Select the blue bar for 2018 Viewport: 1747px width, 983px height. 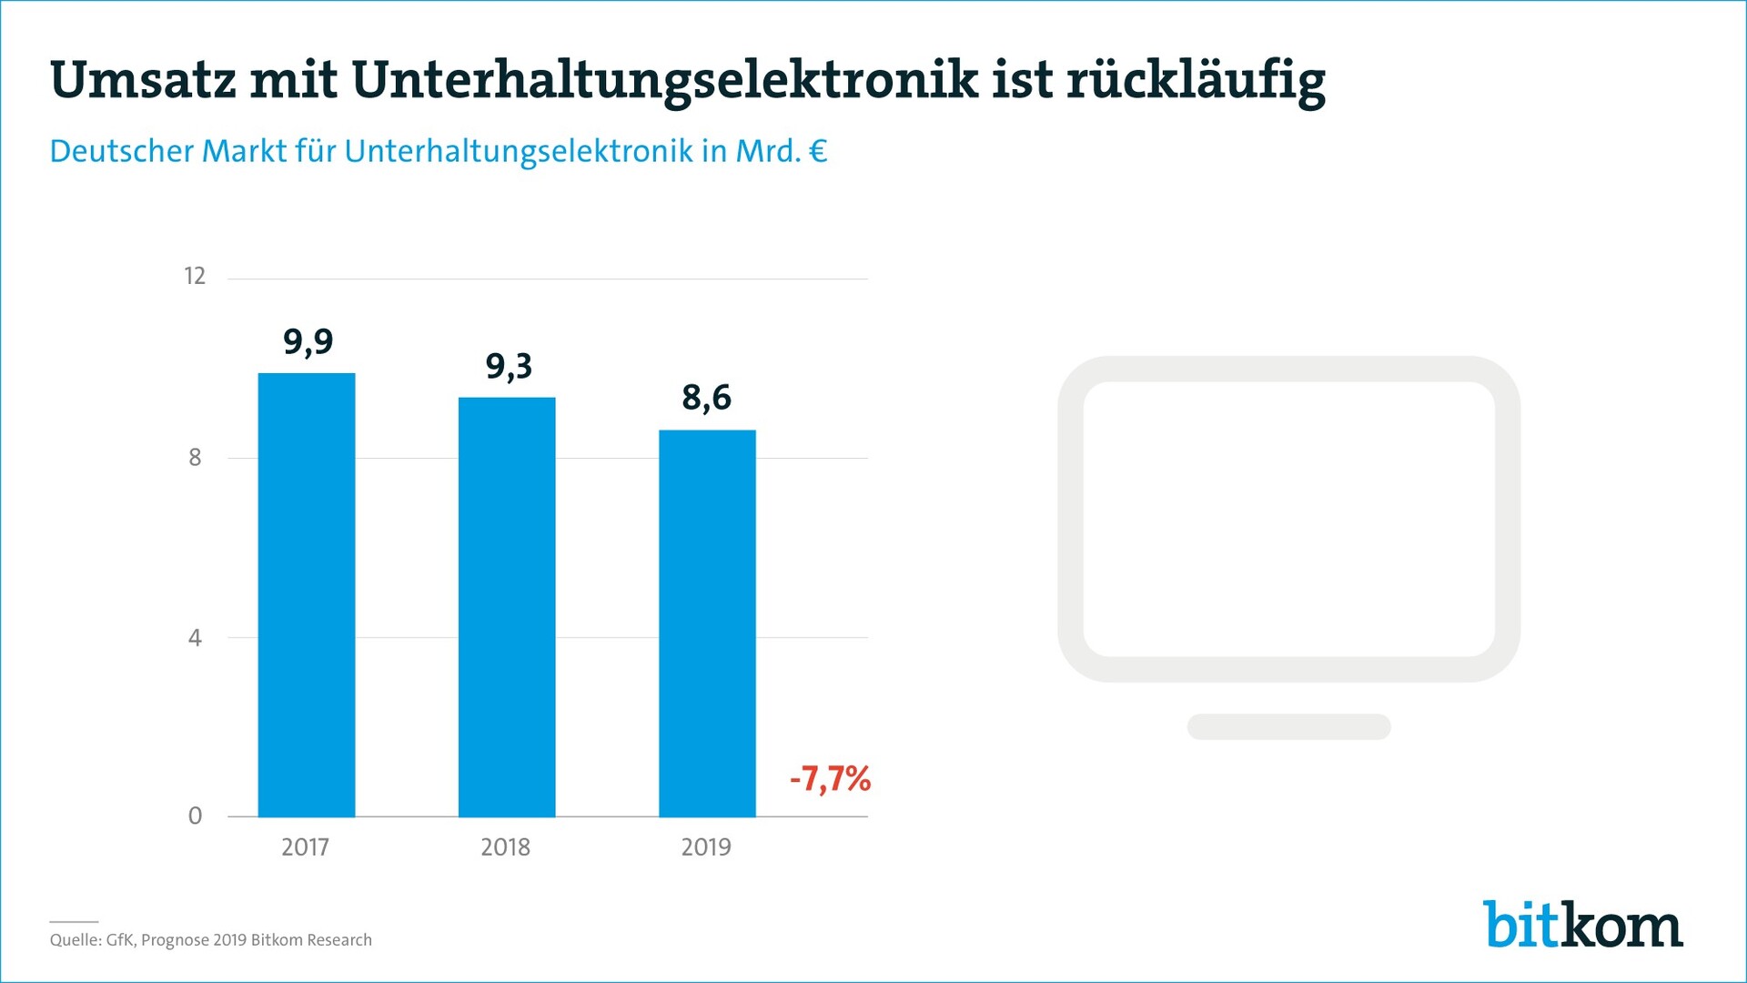click(507, 607)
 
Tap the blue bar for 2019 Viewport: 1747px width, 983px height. click(707, 623)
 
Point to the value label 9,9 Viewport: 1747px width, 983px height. click(308, 342)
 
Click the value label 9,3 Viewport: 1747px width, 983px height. click(509, 367)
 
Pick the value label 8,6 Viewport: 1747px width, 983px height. click(707, 398)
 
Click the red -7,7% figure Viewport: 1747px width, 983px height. click(830, 779)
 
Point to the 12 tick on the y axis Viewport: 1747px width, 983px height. click(195, 277)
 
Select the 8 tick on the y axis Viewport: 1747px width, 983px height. click(195, 457)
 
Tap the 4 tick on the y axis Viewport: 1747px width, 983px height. click(195, 638)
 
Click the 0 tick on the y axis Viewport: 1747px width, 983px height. click(195, 816)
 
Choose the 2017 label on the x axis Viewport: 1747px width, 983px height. click(305, 847)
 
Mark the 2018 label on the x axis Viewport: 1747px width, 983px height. click(505, 847)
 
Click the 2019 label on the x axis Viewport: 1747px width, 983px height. click(706, 847)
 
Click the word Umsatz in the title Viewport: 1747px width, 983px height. click(143, 80)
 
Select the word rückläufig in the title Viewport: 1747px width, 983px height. click(1196, 82)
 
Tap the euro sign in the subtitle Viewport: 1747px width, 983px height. click(818, 151)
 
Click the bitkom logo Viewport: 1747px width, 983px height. click(1583, 926)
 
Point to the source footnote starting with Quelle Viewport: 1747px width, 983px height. click(211, 940)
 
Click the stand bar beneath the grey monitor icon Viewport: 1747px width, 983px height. click(1288, 726)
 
